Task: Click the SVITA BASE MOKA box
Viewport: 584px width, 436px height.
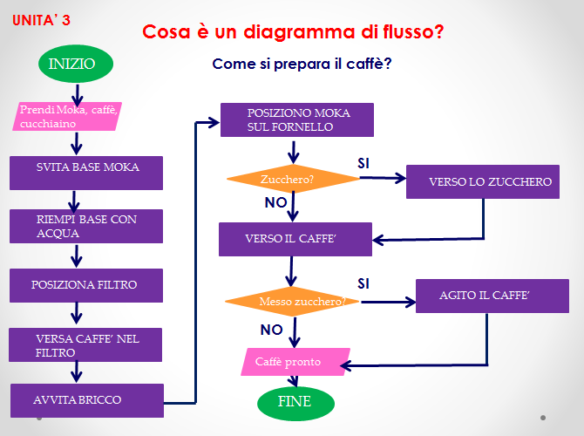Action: point(86,172)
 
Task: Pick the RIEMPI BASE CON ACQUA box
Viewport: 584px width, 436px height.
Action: point(86,226)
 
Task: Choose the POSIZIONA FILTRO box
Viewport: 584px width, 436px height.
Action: point(86,284)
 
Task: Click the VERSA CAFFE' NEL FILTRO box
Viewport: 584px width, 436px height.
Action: point(86,344)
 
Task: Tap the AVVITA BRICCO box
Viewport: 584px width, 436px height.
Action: point(86,399)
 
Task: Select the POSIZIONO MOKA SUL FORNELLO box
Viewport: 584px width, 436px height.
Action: point(296,119)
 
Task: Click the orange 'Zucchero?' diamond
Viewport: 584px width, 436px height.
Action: point(293,180)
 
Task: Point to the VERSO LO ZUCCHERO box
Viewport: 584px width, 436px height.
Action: point(484,181)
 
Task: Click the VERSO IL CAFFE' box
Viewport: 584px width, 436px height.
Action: point(296,238)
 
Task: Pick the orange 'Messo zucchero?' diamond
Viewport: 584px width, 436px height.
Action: point(292,302)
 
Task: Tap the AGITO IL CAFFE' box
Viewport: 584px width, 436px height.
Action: point(486,296)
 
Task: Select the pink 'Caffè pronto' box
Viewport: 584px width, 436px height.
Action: point(295,361)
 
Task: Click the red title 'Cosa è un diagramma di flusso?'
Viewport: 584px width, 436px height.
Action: point(293,32)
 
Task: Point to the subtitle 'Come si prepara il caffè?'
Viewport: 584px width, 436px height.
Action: point(302,64)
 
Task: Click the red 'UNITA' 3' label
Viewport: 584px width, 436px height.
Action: point(42,20)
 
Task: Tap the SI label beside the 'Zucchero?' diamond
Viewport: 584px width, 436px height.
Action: point(364,163)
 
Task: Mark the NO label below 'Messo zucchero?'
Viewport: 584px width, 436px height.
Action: point(272,330)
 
